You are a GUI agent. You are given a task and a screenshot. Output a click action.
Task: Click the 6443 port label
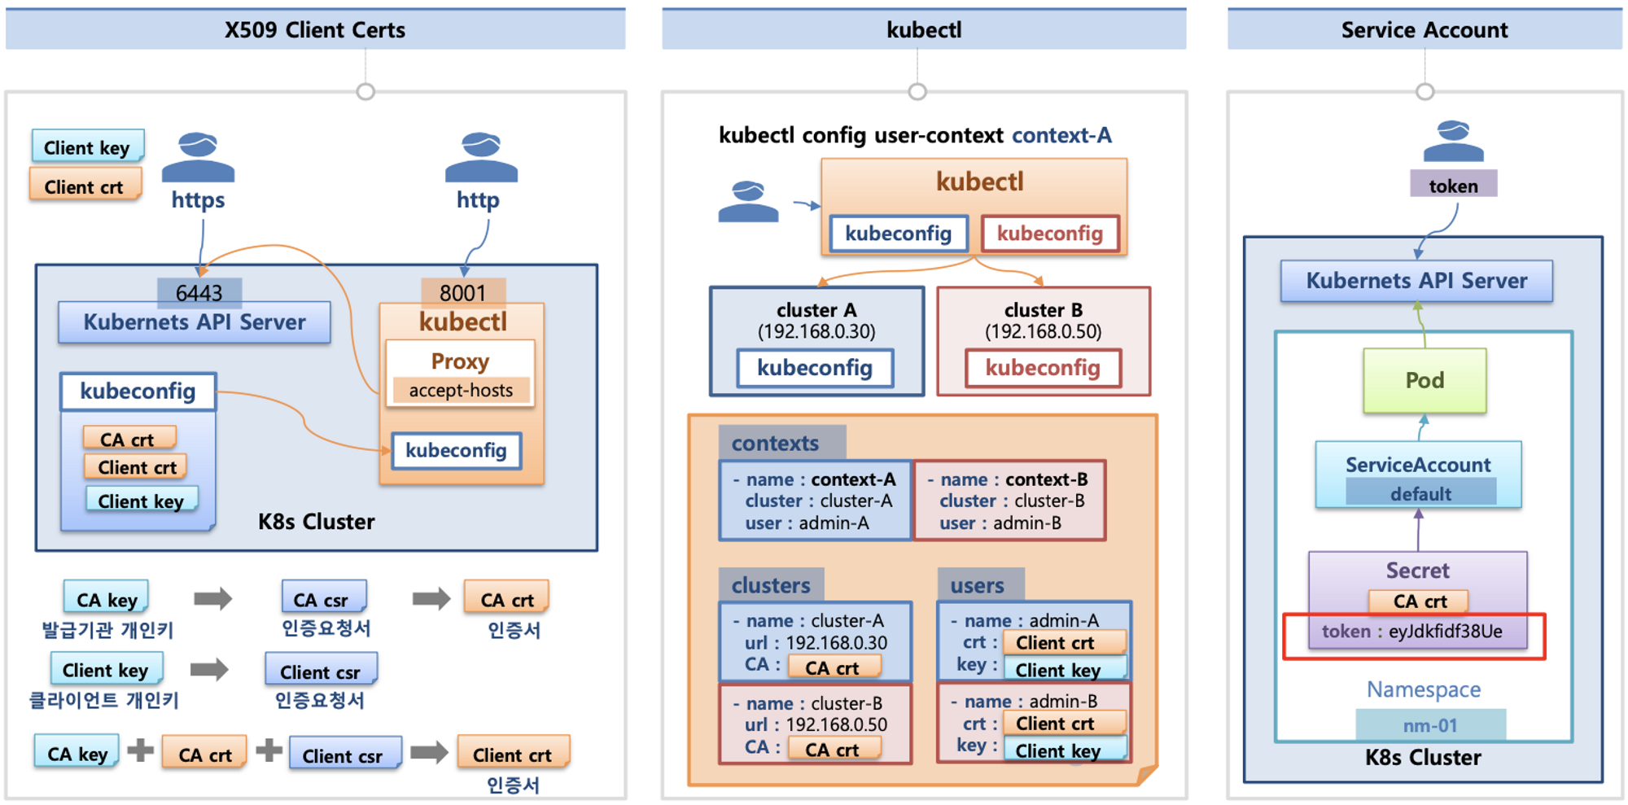199,292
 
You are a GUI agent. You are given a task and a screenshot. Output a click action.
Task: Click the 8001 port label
462,292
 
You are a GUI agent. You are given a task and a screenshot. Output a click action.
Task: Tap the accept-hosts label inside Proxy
461,390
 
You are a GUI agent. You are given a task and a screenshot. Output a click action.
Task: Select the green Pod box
1424,380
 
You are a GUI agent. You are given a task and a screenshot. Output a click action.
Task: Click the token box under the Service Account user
1453,186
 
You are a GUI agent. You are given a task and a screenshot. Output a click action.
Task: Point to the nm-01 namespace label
1430,725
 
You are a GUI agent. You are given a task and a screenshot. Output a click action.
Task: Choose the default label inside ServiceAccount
1420,493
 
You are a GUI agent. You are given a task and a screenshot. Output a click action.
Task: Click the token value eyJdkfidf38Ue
1445,632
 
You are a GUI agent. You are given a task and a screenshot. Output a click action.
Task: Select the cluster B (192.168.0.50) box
1044,341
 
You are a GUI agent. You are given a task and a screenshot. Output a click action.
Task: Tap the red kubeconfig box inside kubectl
1050,234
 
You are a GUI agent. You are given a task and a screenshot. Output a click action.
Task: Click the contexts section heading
775,443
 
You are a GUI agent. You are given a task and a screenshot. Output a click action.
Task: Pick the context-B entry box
1009,501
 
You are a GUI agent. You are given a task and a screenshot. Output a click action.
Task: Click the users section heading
978,585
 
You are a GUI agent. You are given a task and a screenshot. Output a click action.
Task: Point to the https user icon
198,156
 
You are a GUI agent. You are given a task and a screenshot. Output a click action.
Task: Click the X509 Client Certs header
315,29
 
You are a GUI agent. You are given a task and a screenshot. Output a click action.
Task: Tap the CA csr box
324,598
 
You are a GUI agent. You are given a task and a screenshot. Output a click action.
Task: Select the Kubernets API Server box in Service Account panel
1416,281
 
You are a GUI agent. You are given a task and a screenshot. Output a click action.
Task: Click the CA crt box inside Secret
1420,602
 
